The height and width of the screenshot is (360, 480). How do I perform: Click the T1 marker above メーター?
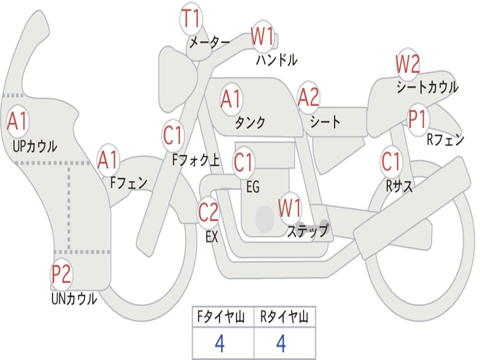click(x=190, y=20)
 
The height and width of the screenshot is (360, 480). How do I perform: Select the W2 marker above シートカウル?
click(x=407, y=64)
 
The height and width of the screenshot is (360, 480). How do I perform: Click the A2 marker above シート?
click(x=308, y=98)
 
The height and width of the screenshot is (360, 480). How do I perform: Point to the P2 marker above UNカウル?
click(x=61, y=274)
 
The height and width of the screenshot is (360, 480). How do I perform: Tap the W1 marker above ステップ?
click(x=290, y=208)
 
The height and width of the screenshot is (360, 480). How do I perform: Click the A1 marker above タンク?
click(x=231, y=99)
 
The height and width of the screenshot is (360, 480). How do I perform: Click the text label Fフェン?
click(x=128, y=182)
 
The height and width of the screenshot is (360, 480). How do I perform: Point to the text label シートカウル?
click(x=427, y=87)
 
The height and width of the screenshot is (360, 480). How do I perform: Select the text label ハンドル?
click(x=277, y=60)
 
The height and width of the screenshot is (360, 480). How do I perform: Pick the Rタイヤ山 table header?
click(x=285, y=318)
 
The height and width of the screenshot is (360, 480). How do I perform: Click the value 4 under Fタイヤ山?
click(x=219, y=344)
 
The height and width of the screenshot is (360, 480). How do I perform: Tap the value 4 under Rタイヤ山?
click(x=281, y=344)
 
